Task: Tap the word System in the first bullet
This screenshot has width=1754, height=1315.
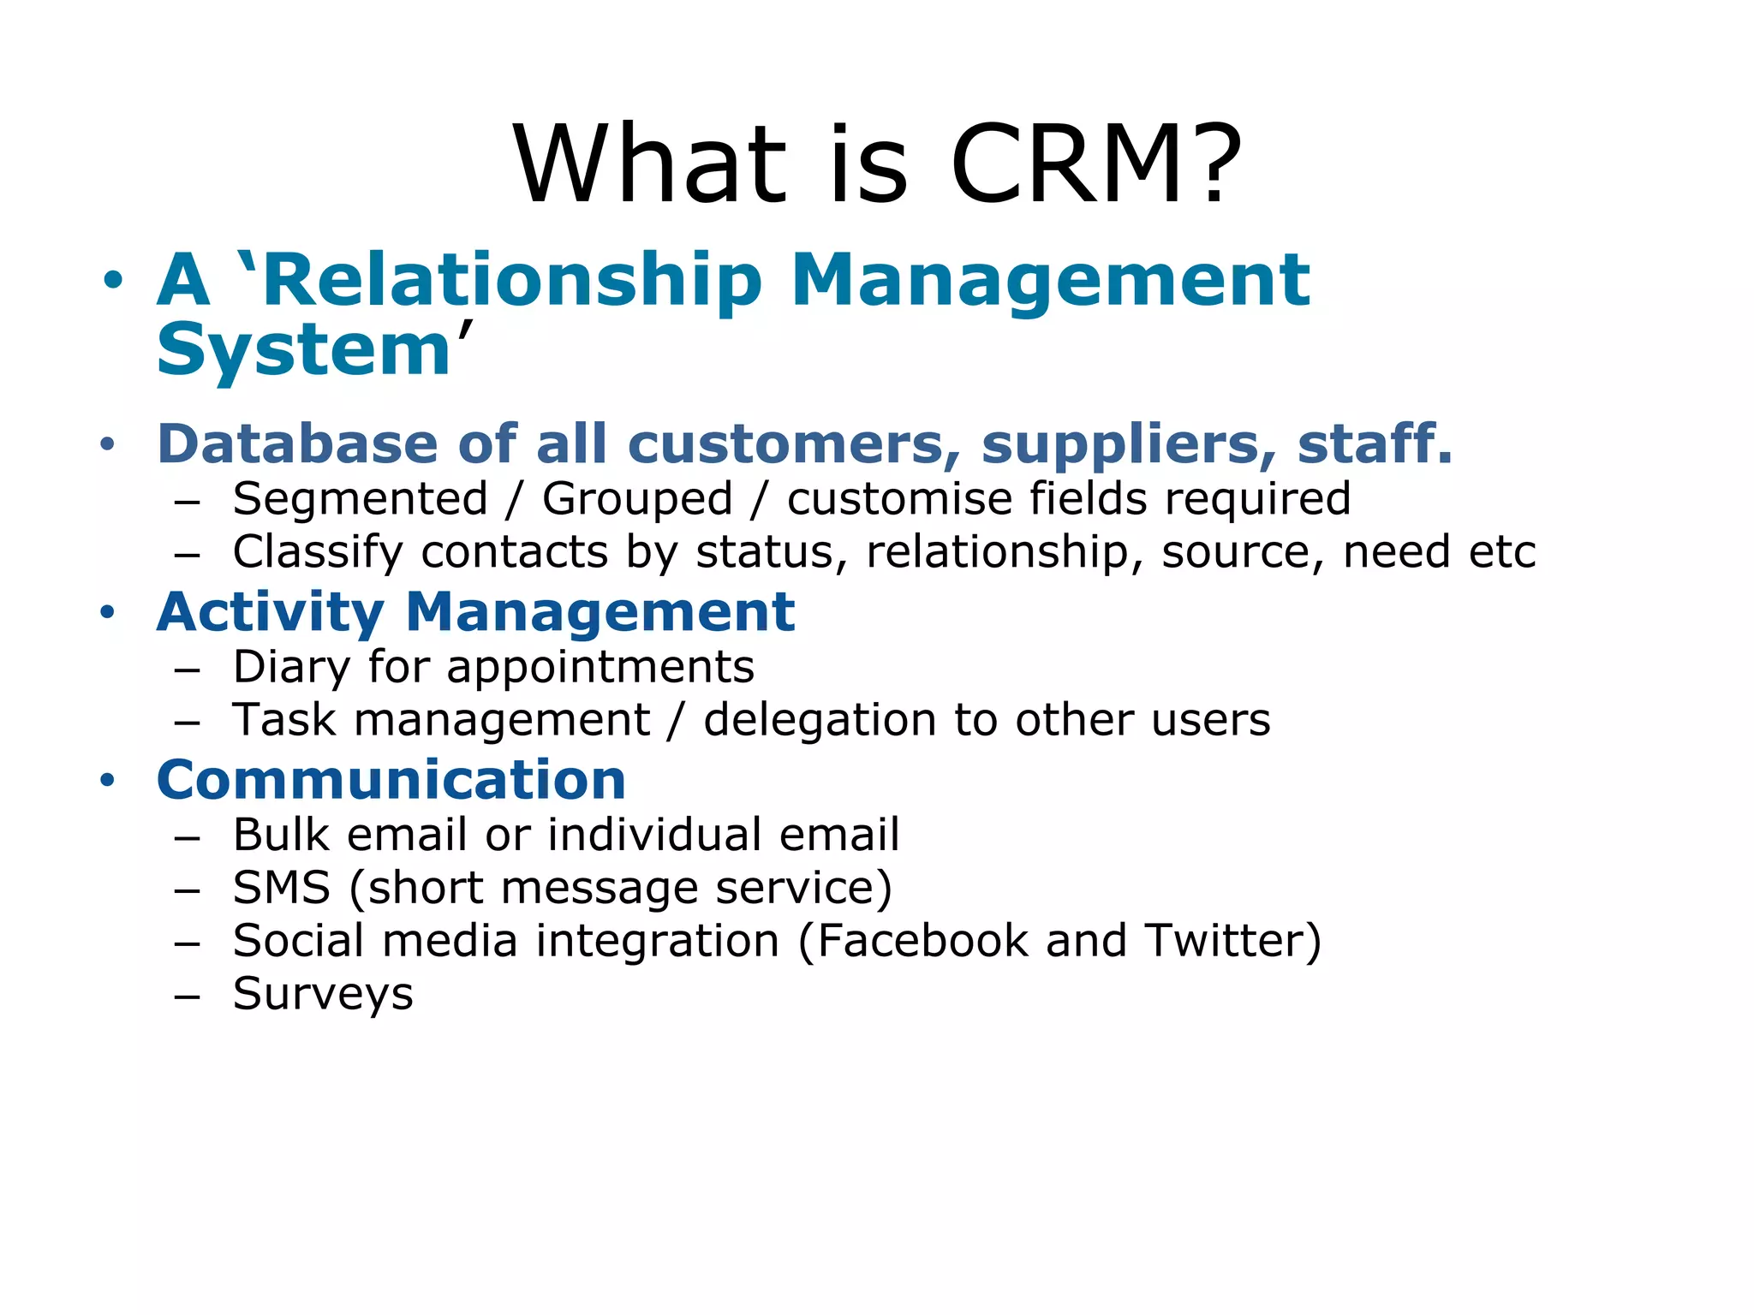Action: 304,351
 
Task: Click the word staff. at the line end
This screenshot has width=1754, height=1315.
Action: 1374,444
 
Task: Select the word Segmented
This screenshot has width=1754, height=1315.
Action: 360,500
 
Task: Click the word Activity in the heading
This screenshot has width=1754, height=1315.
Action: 270,613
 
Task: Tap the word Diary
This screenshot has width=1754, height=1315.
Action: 290,668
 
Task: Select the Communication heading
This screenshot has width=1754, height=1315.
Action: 391,781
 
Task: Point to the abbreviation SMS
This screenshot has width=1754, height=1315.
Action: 281,888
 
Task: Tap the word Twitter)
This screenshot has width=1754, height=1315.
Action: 1233,941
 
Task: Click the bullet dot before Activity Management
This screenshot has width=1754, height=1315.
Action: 107,613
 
